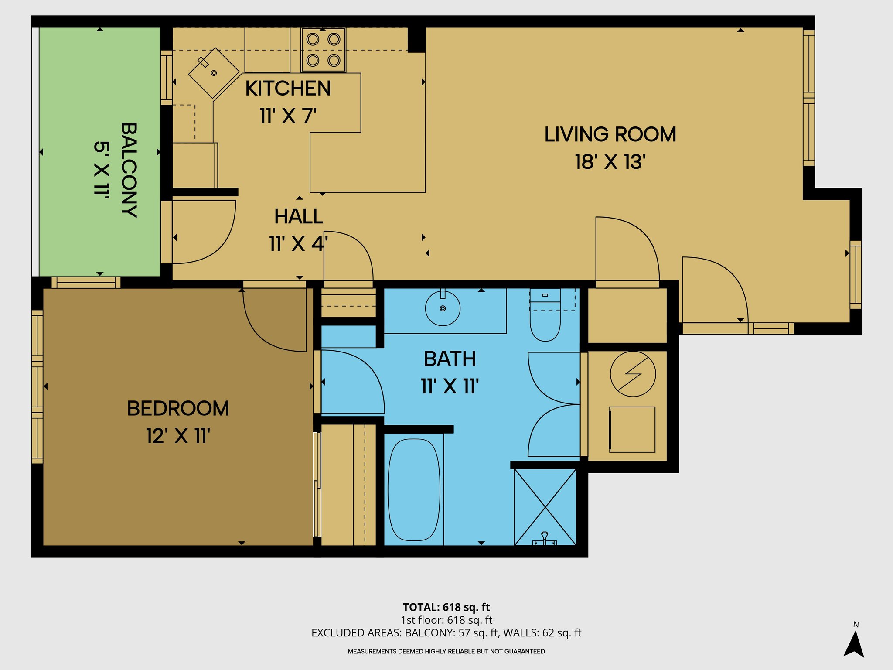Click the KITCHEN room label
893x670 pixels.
click(288, 89)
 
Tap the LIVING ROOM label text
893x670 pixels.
click(610, 134)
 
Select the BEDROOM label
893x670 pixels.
click(178, 409)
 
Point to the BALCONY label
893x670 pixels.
click(129, 170)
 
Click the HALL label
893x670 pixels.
click(299, 216)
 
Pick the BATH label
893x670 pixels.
click(450, 359)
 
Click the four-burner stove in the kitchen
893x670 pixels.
click(323, 50)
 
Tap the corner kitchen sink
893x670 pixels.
click(214, 73)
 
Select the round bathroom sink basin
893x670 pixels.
click(443, 308)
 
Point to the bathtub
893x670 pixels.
click(414, 489)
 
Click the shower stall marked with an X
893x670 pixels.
click(545, 507)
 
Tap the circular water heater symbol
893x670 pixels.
click(633, 374)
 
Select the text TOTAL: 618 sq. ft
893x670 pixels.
click(446, 607)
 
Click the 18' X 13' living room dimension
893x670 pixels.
click(610, 162)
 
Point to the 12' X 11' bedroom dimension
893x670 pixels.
click(178, 436)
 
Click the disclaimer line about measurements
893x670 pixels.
click(446, 651)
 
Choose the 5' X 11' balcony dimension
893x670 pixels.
click(102, 170)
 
